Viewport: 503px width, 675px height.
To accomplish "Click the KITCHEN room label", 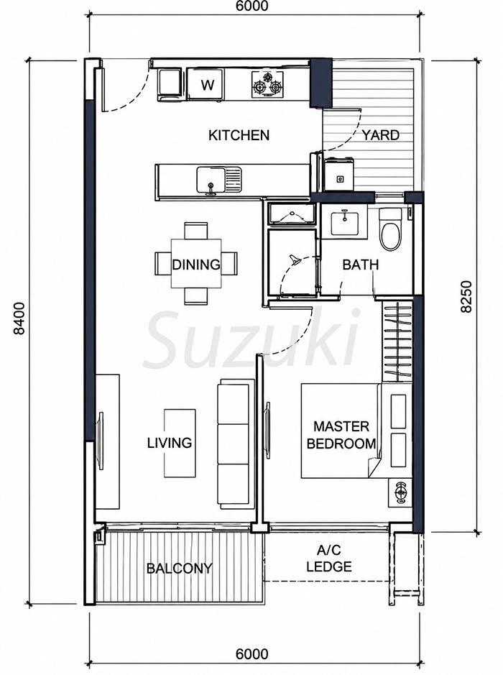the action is click(x=239, y=135).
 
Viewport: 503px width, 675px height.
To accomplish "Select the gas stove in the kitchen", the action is click(x=267, y=83).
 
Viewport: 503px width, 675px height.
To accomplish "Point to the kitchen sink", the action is click(x=219, y=180).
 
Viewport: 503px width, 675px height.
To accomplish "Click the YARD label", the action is click(x=380, y=135).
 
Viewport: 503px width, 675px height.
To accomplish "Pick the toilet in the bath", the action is click(x=390, y=229).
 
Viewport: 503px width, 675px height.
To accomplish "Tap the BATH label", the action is click(x=361, y=265).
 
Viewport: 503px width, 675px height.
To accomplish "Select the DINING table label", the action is click(x=195, y=265).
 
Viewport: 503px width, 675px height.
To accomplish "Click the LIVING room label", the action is click(x=170, y=443).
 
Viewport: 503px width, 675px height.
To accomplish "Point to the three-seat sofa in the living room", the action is click(x=234, y=444).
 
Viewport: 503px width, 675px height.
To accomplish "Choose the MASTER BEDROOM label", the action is click(x=341, y=435).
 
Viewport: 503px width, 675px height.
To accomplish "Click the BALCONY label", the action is click(x=180, y=568).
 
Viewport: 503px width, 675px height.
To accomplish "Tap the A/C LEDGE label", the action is click(x=329, y=558).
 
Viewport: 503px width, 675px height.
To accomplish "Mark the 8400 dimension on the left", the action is click(x=19, y=318).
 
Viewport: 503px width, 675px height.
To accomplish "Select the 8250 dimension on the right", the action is click(x=466, y=297).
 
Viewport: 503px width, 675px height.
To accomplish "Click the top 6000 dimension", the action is click(x=251, y=6).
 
